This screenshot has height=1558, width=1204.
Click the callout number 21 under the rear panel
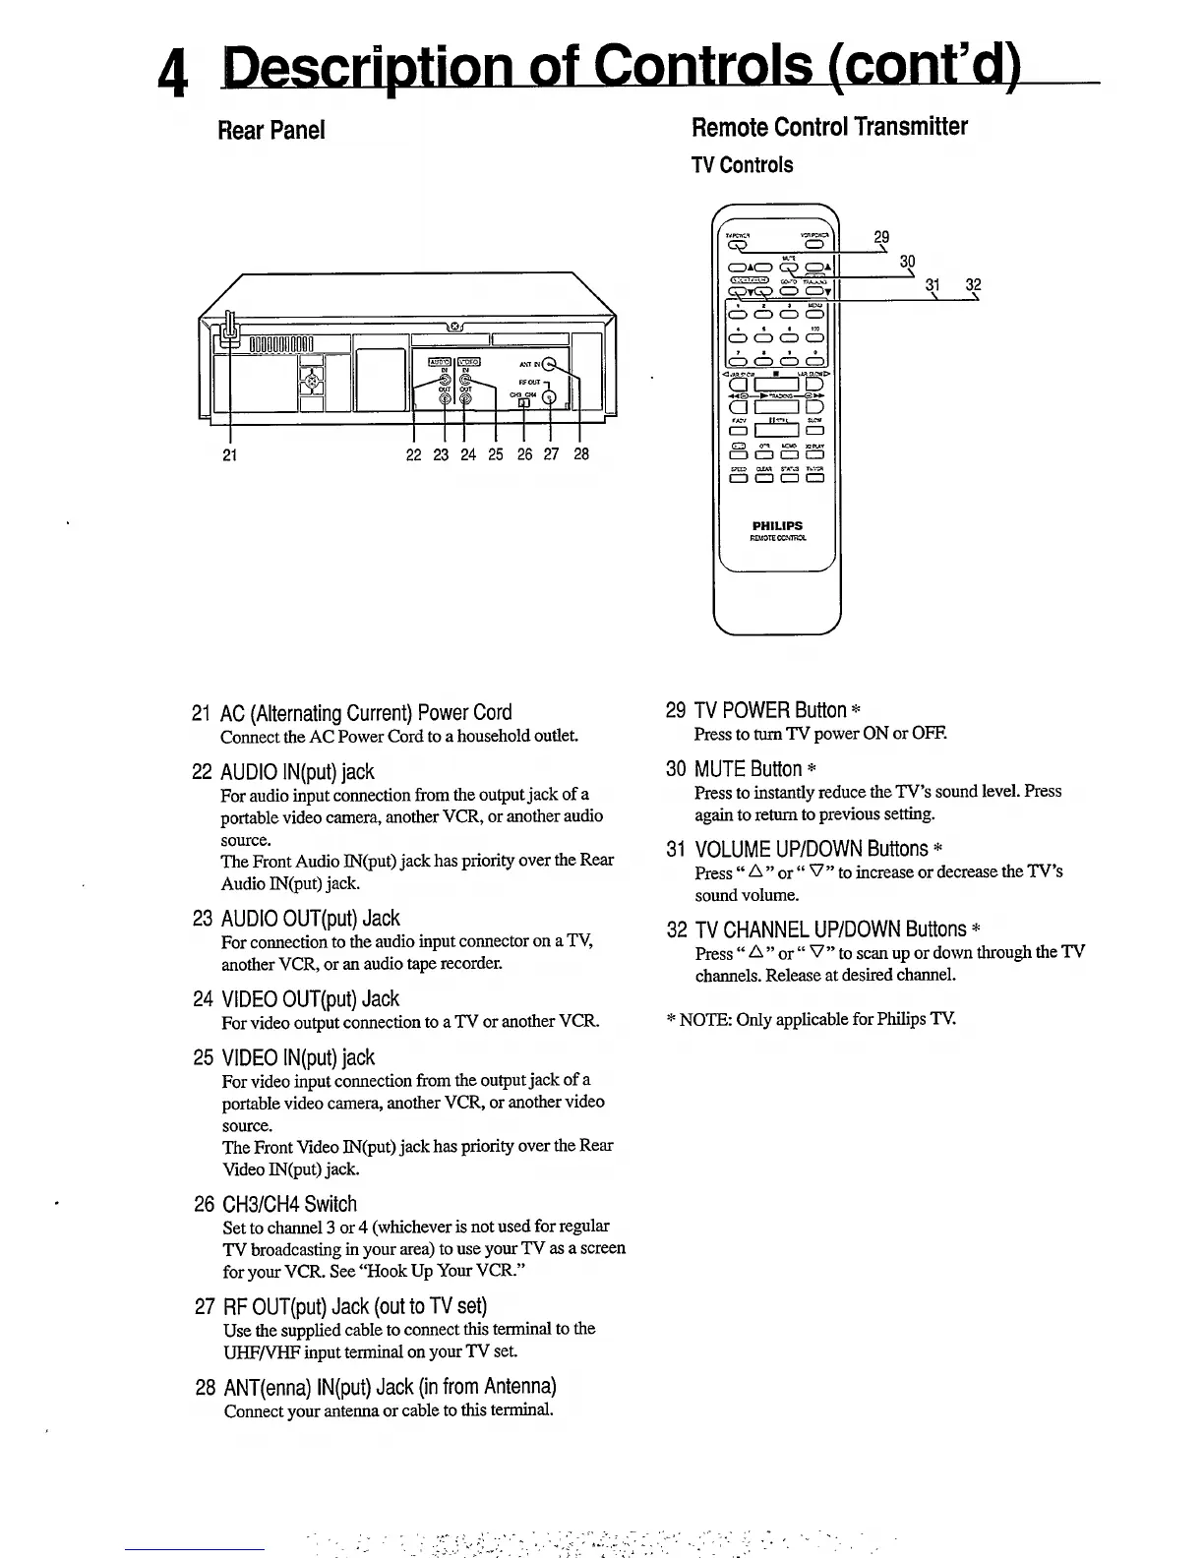point(228,454)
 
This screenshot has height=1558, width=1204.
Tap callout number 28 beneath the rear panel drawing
point(581,454)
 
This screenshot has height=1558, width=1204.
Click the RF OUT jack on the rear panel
point(549,397)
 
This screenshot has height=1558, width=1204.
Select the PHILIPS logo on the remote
point(777,526)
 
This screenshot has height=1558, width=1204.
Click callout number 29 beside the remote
point(881,237)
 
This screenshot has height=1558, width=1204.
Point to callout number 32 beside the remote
point(973,285)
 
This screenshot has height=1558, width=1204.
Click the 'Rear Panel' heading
point(271,130)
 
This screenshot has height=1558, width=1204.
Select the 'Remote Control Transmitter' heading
point(829,127)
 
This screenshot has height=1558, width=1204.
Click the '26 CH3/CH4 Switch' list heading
point(275,1204)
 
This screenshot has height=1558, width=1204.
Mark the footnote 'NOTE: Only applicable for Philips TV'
point(812,1019)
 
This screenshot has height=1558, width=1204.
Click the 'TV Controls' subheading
point(743,165)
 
